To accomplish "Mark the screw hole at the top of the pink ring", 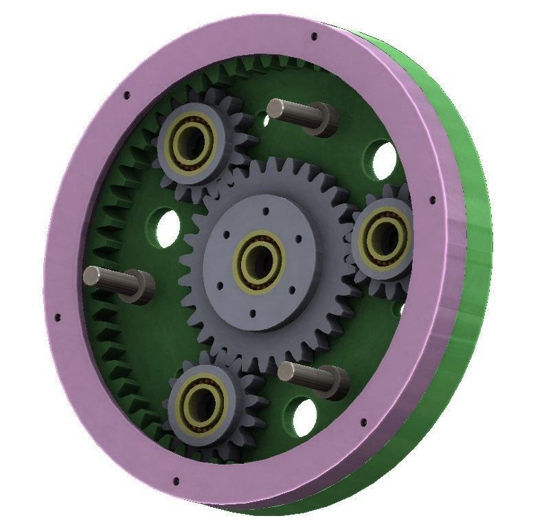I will click(314, 36).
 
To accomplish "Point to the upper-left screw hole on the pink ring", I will click(126, 97).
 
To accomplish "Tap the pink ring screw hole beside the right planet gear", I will click(432, 201).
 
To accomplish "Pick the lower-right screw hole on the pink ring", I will click(362, 417).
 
